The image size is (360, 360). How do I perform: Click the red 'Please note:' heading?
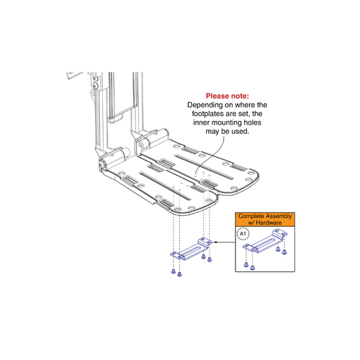(228, 95)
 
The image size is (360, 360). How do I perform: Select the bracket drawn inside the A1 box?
(263, 248)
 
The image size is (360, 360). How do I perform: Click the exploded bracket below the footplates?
(191, 250)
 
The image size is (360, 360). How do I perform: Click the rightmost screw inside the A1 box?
(285, 254)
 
